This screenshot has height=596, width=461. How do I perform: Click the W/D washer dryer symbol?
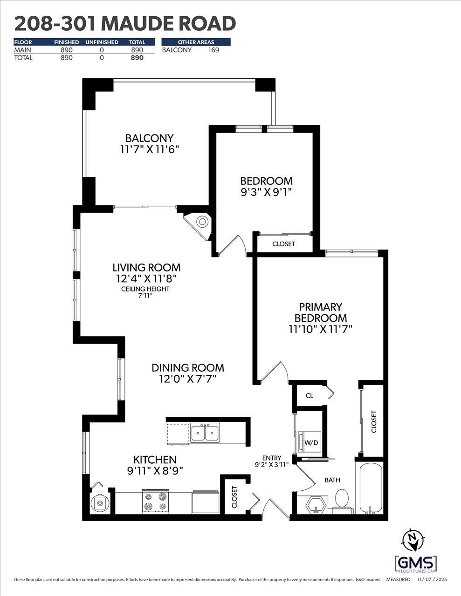[310, 442]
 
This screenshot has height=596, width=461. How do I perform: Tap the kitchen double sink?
[205, 433]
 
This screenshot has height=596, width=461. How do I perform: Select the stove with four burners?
[155, 501]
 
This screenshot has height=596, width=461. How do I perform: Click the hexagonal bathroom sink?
[317, 505]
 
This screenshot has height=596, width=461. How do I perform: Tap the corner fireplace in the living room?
[201, 223]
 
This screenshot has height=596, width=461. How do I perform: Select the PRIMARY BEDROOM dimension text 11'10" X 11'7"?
[320, 329]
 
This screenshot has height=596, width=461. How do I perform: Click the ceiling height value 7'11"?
[145, 295]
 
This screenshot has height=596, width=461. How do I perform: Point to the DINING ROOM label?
[188, 368]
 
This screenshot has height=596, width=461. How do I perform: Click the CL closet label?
[309, 396]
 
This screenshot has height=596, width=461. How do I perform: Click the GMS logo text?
[416, 562]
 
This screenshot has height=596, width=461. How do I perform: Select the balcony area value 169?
[213, 50]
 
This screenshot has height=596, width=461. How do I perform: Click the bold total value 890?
[137, 58]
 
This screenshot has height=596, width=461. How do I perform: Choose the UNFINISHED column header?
[102, 42]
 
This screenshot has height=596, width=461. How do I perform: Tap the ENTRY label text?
[271, 458]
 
